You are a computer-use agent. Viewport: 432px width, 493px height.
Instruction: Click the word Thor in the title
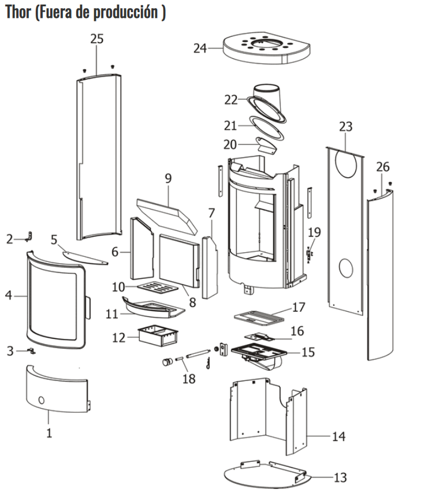(18, 12)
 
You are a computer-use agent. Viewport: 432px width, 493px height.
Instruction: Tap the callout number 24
(200, 48)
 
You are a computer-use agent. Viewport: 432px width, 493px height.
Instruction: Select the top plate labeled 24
(266, 47)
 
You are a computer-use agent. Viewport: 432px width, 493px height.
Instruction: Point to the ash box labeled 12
(158, 335)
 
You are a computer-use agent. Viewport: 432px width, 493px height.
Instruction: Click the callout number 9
(168, 178)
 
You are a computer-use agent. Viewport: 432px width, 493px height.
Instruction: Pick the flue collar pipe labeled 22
(267, 102)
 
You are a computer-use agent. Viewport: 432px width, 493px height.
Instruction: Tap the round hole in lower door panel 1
(41, 400)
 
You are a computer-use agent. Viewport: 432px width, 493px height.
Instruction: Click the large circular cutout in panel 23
(346, 164)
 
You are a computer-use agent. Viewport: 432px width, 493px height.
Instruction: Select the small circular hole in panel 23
(346, 268)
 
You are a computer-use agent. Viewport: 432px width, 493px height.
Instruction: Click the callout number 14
(339, 436)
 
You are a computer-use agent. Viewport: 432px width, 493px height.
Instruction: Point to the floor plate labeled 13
(267, 475)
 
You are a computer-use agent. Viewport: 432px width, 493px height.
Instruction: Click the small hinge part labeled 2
(29, 237)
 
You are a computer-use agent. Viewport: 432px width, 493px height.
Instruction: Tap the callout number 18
(189, 379)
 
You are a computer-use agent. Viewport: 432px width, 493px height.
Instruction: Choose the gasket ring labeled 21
(266, 128)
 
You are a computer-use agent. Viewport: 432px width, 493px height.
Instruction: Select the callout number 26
(382, 167)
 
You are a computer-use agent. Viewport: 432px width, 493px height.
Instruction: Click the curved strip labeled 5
(85, 258)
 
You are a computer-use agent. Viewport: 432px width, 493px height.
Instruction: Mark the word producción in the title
(125, 12)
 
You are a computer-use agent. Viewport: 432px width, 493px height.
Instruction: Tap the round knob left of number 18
(167, 361)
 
